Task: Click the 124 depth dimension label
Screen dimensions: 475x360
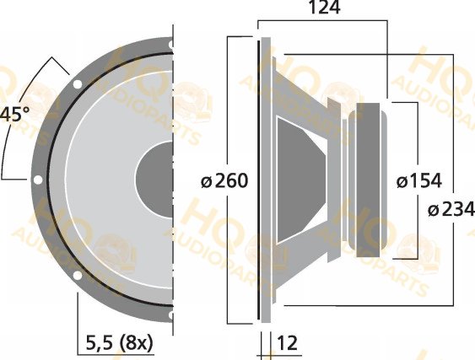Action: (324, 8)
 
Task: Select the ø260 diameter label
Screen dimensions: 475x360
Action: (224, 180)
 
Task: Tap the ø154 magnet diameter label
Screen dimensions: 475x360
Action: (419, 180)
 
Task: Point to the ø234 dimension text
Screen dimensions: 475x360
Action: (451, 210)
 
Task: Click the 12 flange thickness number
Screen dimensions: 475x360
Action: (287, 343)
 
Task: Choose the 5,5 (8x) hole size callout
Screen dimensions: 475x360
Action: (120, 343)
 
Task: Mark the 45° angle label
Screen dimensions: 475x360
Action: (14, 115)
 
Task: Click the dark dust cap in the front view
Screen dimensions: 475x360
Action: (154, 180)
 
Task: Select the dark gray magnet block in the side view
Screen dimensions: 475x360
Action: (368, 180)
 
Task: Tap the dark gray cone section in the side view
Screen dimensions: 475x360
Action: (300, 180)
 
